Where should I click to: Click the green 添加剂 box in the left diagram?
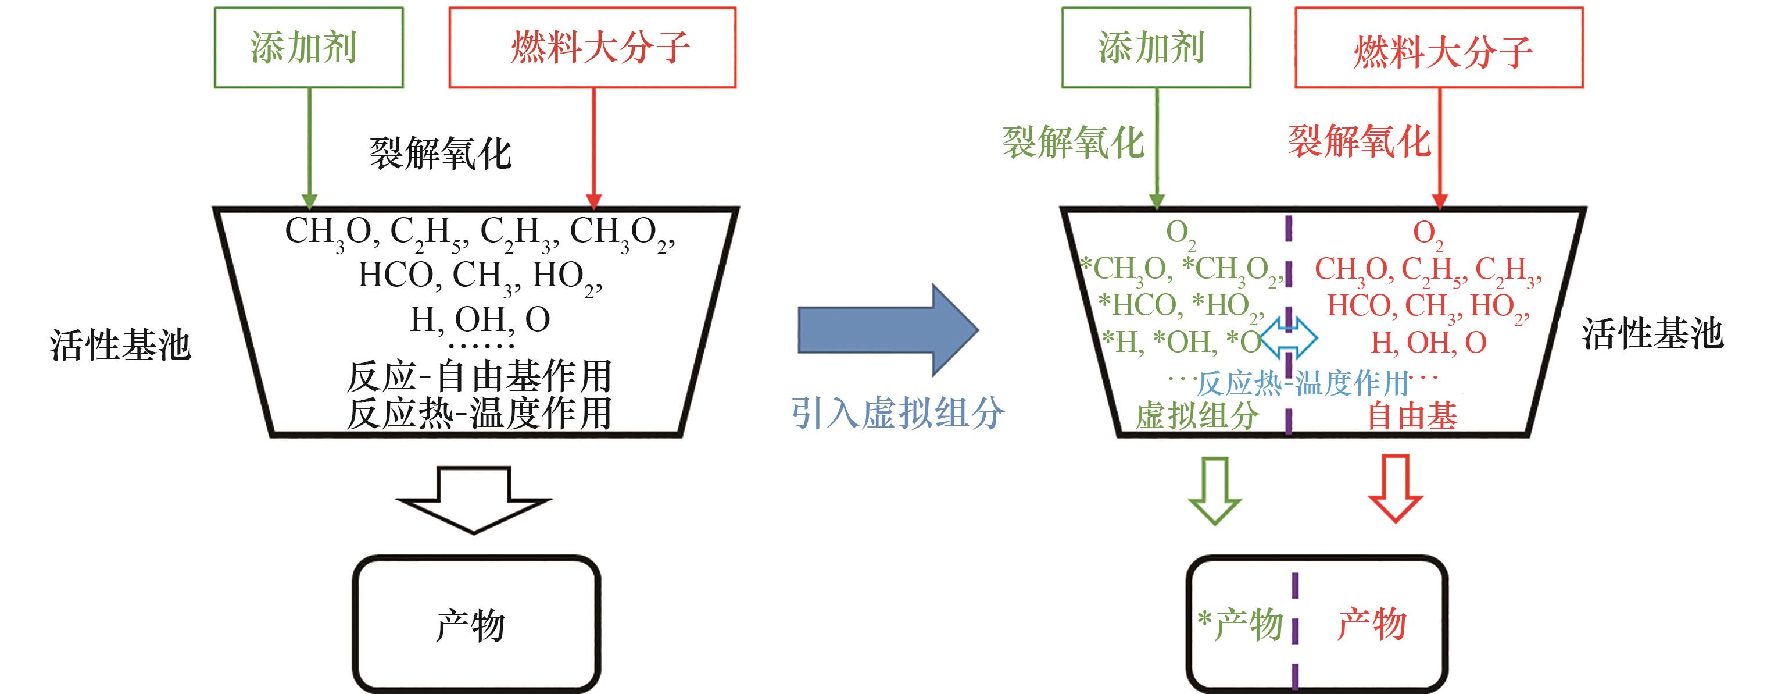coord(309,48)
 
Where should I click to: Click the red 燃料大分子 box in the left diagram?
coord(592,48)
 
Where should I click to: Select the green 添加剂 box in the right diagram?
coord(1156,48)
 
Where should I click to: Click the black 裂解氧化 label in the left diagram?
coord(440,153)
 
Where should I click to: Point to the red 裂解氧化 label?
coord(1359,141)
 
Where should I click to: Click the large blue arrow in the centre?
coord(887,330)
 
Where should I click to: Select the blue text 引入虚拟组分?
coord(897,413)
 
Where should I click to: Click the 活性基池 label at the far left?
coord(120,344)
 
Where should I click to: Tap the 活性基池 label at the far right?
coord(1652,333)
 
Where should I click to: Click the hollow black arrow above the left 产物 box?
coord(474,499)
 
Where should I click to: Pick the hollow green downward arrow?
coord(1215,489)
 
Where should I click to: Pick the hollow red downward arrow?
coord(1395,488)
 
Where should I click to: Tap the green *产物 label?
coord(1240,624)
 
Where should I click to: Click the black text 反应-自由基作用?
coord(479,376)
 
